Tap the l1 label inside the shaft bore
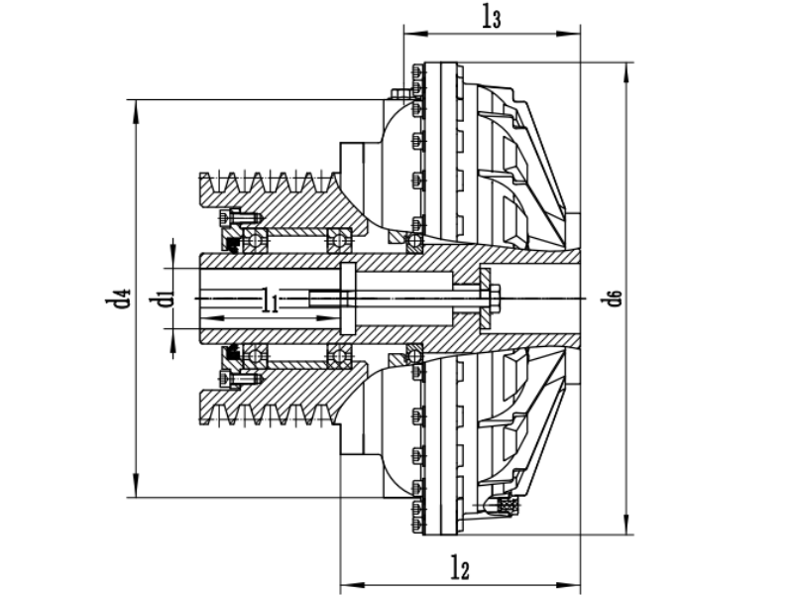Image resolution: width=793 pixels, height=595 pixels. pos(269,302)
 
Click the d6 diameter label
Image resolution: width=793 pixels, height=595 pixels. pos(615,297)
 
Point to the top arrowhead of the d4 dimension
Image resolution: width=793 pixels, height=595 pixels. pos(132,104)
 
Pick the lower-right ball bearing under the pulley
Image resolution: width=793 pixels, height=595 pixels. pos(339,355)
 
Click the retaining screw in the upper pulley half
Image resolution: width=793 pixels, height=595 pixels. pos(238,217)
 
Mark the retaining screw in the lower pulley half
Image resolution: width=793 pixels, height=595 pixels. pos(238,378)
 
